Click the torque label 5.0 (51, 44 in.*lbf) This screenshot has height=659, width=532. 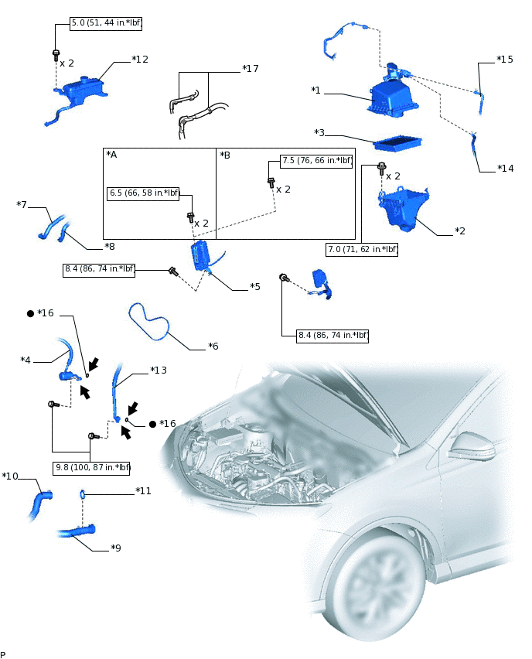click(x=105, y=23)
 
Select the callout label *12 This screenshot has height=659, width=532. click(x=140, y=59)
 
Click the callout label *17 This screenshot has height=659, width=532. click(x=250, y=69)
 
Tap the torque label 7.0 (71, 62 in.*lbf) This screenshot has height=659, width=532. click(x=362, y=249)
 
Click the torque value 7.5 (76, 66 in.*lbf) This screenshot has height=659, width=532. click(x=316, y=161)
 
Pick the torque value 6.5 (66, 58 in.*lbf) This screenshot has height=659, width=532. click(x=144, y=193)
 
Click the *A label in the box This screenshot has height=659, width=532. click(x=111, y=155)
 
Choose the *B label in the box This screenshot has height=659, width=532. click(x=225, y=155)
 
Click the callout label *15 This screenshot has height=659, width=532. click(x=504, y=60)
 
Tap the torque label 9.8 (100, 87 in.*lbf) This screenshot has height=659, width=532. click(x=92, y=467)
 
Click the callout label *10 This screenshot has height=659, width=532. click(x=10, y=476)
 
